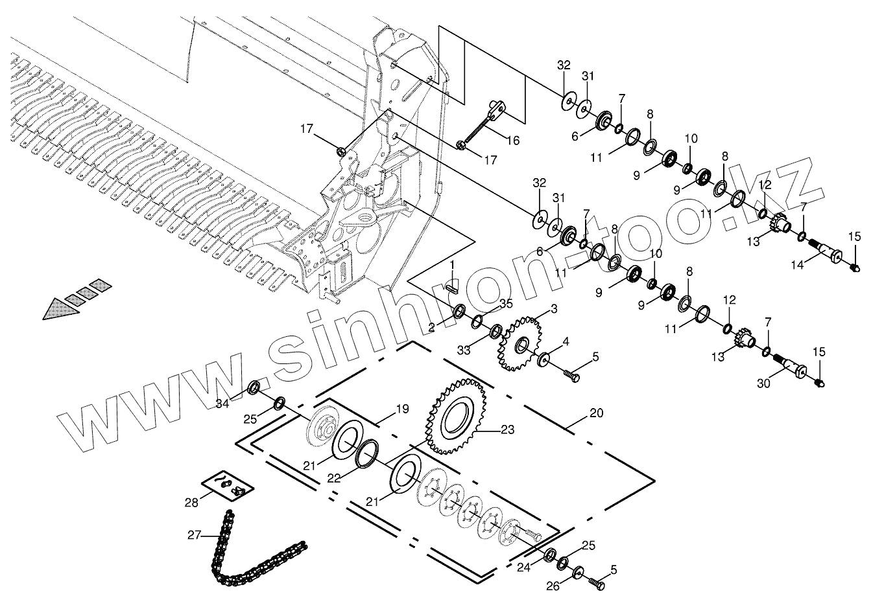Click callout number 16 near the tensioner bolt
512,140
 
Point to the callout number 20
596,413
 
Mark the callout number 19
402,409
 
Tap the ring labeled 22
369,452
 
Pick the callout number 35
507,303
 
